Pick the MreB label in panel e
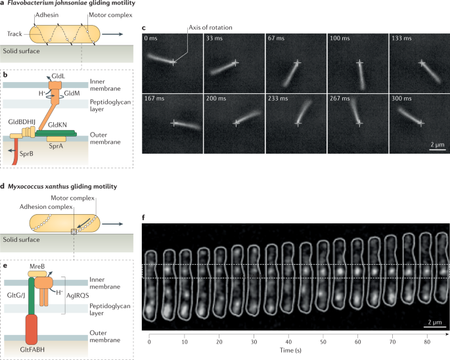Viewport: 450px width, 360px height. (38, 266)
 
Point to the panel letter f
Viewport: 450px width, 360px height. (145, 215)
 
